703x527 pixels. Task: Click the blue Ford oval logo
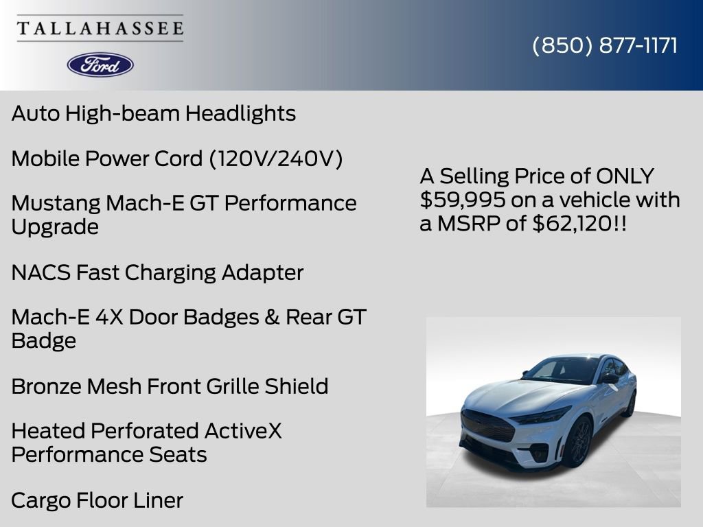tap(100, 65)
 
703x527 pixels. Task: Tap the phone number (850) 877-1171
tap(605, 46)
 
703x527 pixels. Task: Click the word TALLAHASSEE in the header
tap(100, 29)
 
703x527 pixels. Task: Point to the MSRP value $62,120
tap(572, 224)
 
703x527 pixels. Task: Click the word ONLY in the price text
tap(625, 176)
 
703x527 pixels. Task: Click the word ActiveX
tap(243, 431)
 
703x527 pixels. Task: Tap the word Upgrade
tap(55, 227)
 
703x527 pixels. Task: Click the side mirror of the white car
tap(609, 378)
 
